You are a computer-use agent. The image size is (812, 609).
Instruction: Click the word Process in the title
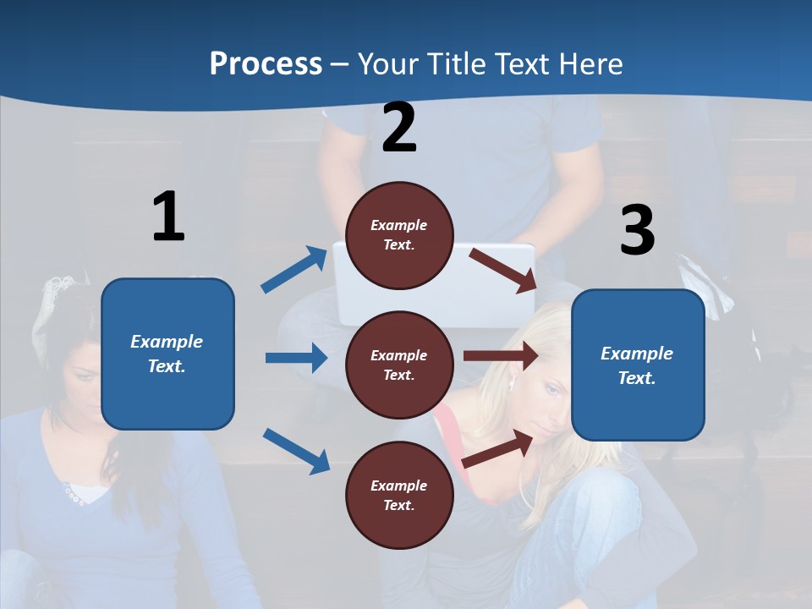pyautogui.click(x=266, y=63)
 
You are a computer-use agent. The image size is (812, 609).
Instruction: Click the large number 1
pyautogui.click(x=168, y=217)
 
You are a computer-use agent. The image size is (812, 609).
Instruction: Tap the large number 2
pyautogui.click(x=399, y=128)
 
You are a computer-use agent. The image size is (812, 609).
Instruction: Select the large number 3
pyautogui.click(x=637, y=231)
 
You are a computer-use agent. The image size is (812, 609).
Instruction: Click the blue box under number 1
pyautogui.click(x=167, y=354)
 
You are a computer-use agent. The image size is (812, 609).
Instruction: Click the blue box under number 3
pyautogui.click(x=638, y=365)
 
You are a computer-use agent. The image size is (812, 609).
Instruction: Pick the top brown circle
pyautogui.click(x=399, y=235)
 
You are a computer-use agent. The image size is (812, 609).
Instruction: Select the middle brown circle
pyautogui.click(x=399, y=365)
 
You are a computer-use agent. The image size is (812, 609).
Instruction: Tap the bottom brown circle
pyautogui.click(x=399, y=495)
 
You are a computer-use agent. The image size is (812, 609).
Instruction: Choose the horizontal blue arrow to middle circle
pyautogui.click(x=296, y=358)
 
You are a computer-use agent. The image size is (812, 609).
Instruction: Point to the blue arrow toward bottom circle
pyautogui.click(x=296, y=450)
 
